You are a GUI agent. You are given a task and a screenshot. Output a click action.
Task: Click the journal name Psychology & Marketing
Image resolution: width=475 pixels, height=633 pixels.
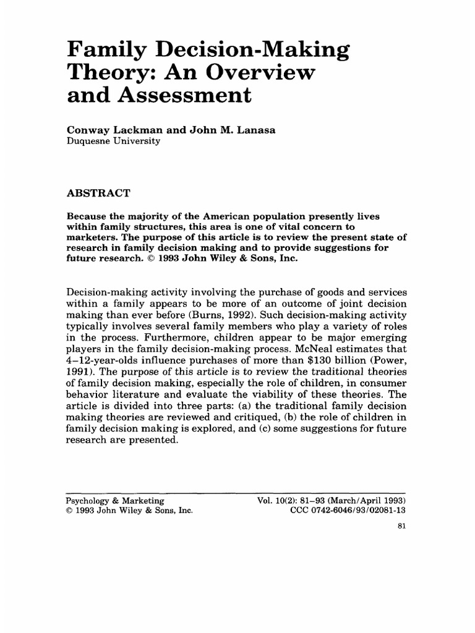click(114, 500)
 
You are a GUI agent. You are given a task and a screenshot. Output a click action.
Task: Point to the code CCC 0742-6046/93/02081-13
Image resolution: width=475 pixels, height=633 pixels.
click(348, 511)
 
